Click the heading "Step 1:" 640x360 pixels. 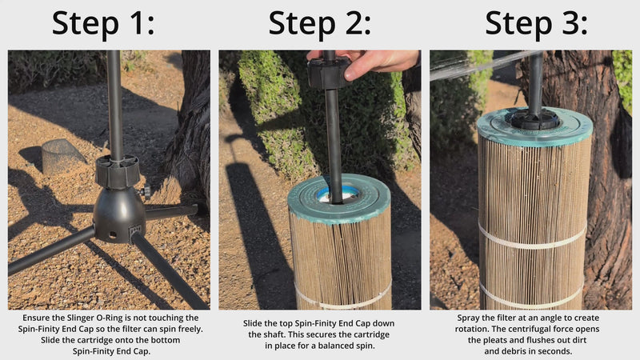pyautogui.click(x=103, y=24)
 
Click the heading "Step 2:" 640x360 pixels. pyautogui.click(x=319, y=24)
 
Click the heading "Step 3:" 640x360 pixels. pyautogui.click(x=536, y=24)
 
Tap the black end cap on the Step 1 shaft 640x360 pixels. pyautogui.click(x=117, y=171)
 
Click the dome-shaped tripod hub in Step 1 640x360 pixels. pyautogui.click(x=118, y=214)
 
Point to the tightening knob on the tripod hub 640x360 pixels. pyautogui.click(x=145, y=190)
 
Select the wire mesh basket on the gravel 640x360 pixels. pyautogui.click(x=61, y=156)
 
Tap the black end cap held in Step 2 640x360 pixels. pyautogui.click(x=329, y=73)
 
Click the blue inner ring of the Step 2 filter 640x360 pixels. pyautogui.click(x=338, y=193)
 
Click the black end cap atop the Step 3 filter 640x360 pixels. pyautogui.click(x=534, y=119)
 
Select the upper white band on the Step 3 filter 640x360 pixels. pyautogui.click(x=532, y=238)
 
